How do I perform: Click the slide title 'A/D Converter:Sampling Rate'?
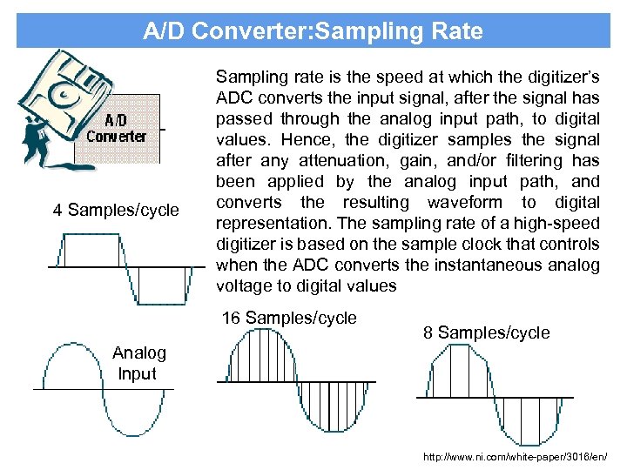pyautogui.click(x=313, y=31)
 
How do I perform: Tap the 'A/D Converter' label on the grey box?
pyautogui.click(x=117, y=128)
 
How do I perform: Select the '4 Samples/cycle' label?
pyautogui.click(x=116, y=210)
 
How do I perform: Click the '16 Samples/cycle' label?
pyautogui.click(x=289, y=318)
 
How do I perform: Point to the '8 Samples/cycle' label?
pyautogui.click(x=486, y=332)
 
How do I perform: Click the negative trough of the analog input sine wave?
pyautogui.click(x=139, y=428)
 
